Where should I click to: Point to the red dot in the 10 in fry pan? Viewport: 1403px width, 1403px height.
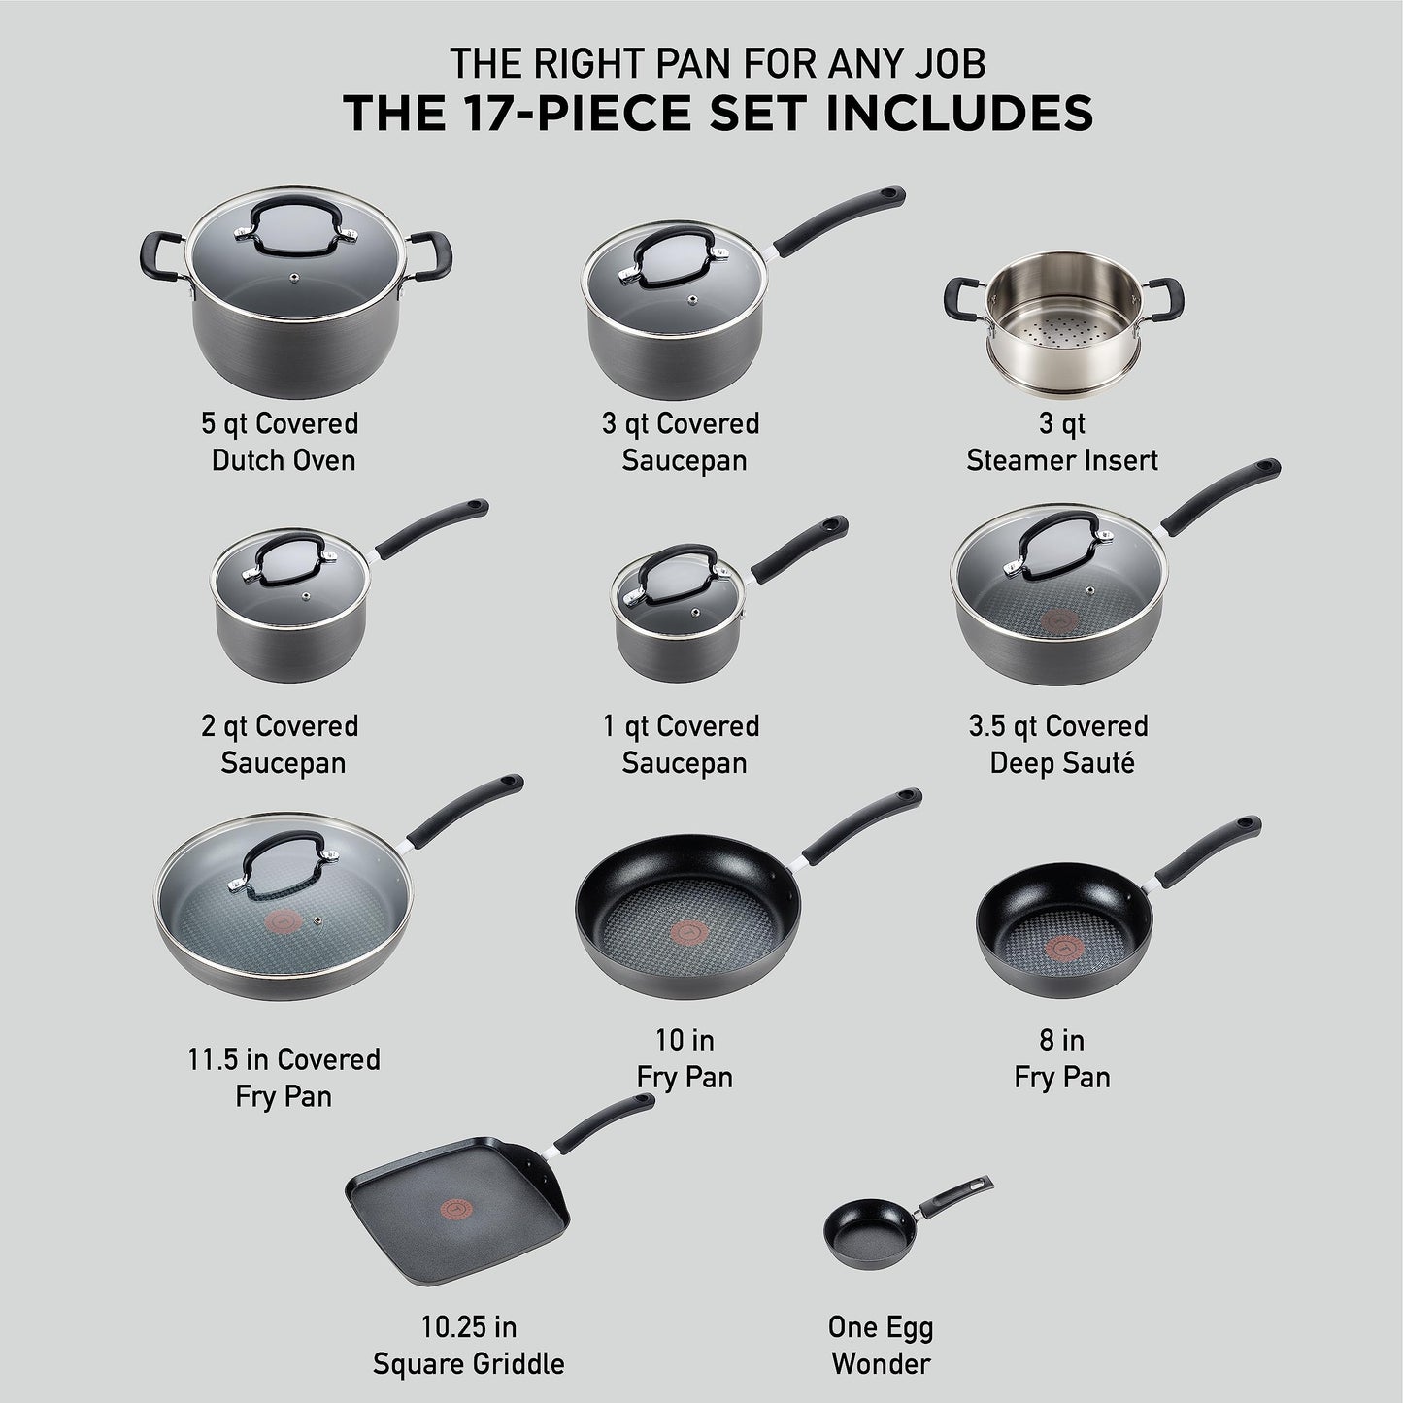(686, 931)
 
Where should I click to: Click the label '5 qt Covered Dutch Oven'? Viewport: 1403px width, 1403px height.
(282, 441)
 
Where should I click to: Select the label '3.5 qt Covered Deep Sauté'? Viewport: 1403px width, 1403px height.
(1061, 744)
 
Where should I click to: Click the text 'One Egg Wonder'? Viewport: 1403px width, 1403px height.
(881, 1345)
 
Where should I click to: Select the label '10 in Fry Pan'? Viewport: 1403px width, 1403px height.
(685, 1058)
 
